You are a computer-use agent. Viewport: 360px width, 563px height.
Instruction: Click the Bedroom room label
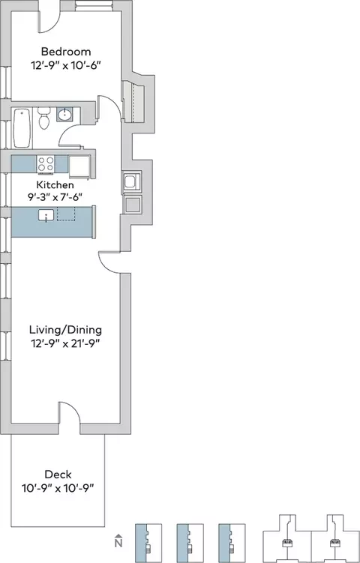(66, 52)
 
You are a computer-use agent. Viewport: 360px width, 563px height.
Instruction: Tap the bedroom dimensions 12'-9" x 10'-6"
(66, 66)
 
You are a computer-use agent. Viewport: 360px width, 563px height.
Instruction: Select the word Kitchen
(55, 185)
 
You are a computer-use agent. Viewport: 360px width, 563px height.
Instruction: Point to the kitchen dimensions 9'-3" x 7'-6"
(55, 197)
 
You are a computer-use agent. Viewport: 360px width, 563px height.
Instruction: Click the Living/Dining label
(65, 330)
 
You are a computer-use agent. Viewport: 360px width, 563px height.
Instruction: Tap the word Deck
(58, 475)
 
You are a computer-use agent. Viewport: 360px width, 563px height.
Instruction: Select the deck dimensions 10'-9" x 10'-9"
(58, 489)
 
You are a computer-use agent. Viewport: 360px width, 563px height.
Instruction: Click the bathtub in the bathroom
(22, 128)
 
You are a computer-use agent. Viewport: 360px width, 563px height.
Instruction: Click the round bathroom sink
(64, 115)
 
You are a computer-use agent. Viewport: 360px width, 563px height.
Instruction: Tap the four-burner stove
(46, 164)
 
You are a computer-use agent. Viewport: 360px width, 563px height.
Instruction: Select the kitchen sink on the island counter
(46, 215)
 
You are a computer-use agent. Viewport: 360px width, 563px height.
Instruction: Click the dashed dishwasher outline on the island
(66, 214)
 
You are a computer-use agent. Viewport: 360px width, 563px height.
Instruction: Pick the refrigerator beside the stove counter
(79, 166)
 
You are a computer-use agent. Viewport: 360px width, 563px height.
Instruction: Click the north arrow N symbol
(118, 541)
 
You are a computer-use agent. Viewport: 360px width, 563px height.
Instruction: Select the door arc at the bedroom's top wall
(49, 22)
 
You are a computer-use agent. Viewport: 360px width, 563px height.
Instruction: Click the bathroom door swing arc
(70, 136)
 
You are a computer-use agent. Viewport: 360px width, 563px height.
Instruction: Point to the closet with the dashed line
(133, 102)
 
